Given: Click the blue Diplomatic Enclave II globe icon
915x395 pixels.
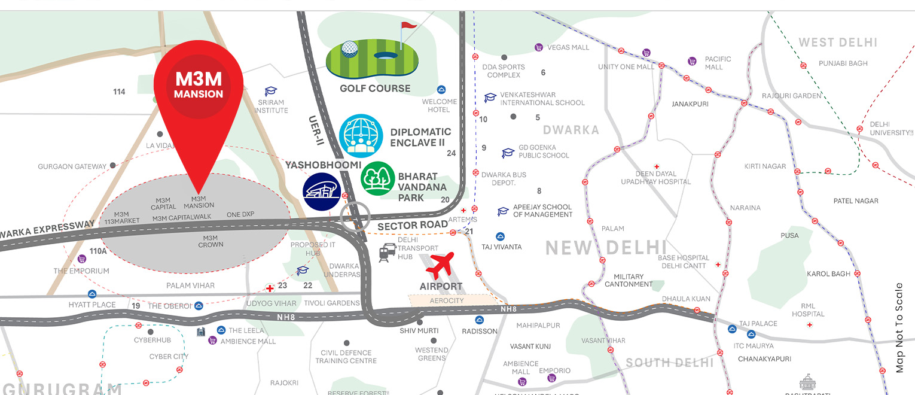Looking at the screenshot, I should [361, 136].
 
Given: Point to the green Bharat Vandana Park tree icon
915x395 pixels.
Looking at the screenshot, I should [378, 178].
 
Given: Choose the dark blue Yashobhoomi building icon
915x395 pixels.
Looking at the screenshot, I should [322, 192].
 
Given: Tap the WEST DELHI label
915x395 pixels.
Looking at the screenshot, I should [838, 42].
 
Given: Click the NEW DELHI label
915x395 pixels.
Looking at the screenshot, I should [606, 247].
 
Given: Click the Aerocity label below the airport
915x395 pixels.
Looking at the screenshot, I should [447, 300].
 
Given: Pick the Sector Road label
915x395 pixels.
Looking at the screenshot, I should [413, 224].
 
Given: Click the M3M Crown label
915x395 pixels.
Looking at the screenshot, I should [211, 241].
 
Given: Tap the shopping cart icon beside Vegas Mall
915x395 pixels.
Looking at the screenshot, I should [538, 47].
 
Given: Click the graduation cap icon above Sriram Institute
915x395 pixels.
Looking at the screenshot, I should [272, 91].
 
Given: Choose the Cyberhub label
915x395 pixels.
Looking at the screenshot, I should [152, 340].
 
